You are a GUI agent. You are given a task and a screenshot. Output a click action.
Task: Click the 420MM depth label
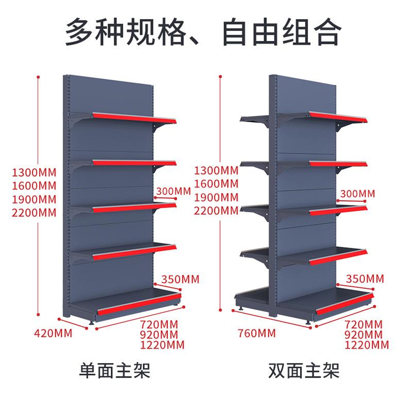[x=53, y=333]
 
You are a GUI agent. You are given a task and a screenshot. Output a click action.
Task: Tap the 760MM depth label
[x=257, y=333]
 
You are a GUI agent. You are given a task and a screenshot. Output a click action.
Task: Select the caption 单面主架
[x=115, y=370]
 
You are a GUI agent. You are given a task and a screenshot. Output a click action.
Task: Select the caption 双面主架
[x=304, y=370]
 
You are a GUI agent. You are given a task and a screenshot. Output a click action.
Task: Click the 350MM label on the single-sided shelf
[x=180, y=280]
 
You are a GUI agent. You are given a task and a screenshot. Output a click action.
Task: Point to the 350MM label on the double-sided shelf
[x=365, y=279]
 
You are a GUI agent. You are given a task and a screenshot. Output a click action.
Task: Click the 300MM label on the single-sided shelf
[x=174, y=191]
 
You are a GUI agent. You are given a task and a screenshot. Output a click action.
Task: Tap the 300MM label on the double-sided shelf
[x=358, y=194]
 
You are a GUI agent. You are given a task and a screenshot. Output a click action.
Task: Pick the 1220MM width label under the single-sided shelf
[x=162, y=345]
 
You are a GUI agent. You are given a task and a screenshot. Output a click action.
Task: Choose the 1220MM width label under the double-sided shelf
[x=367, y=345]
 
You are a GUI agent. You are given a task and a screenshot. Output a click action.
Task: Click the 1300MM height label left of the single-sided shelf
[x=35, y=173]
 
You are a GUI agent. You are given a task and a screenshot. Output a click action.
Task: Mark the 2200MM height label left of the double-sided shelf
[x=216, y=211]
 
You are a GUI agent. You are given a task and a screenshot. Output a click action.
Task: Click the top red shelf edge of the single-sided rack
[x=134, y=118]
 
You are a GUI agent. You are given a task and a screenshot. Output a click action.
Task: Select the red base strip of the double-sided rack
[x=345, y=304]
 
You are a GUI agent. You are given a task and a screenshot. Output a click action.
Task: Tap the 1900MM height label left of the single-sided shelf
[x=35, y=200]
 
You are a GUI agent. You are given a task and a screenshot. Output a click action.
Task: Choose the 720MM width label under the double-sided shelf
[x=364, y=324]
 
